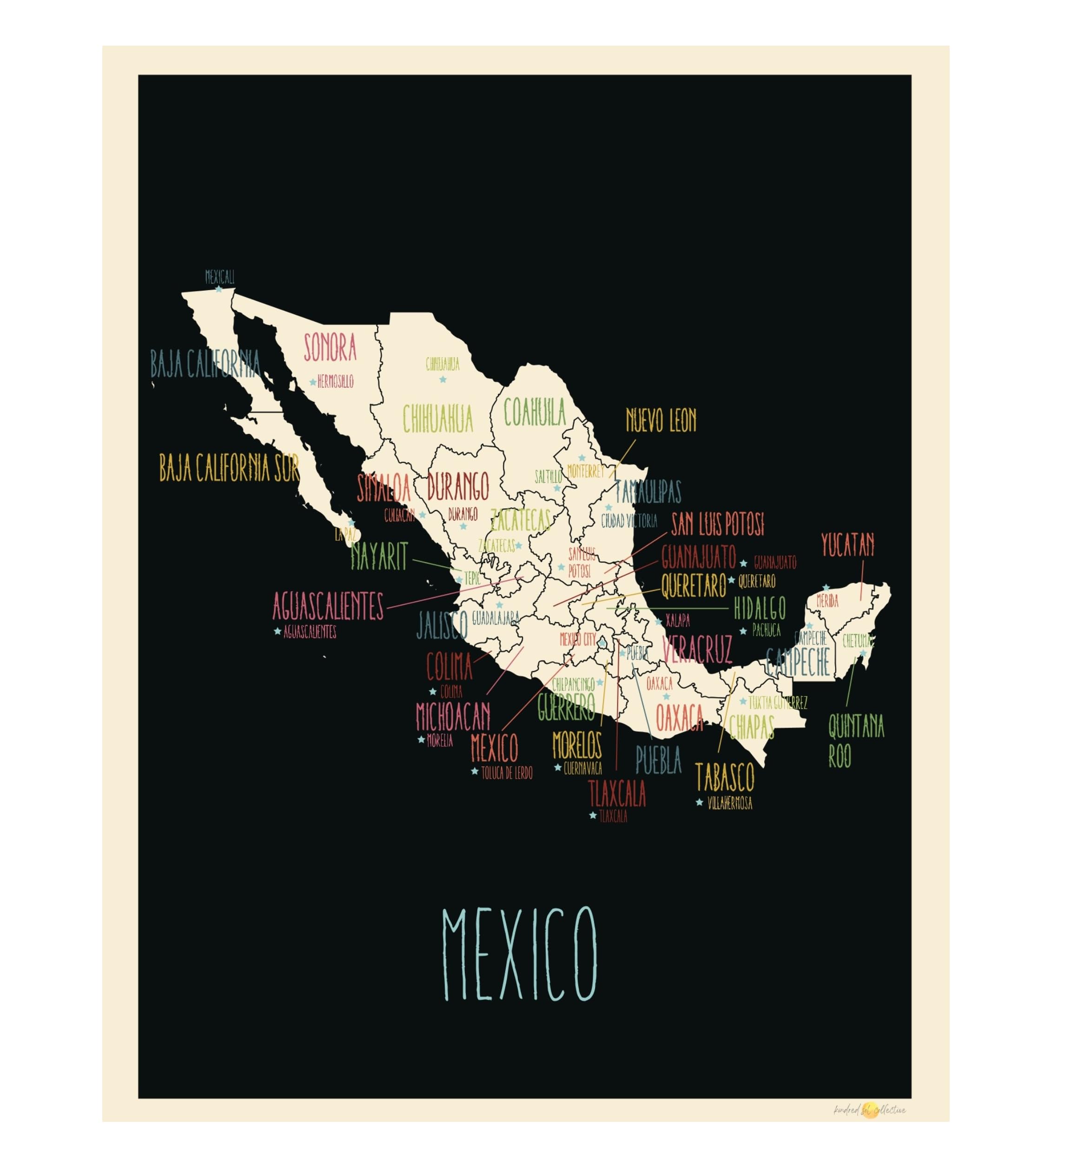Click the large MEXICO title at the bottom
click(x=519, y=954)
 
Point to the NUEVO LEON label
click(x=661, y=420)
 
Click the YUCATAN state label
click(x=848, y=545)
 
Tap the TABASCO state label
click(x=725, y=777)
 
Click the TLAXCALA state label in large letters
click(x=617, y=793)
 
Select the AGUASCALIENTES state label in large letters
click(x=328, y=607)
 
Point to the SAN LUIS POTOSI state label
click(x=717, y=524)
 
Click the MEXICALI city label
click(x=220, y=278)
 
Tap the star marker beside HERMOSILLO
click(x=313, y=382)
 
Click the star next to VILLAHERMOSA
click(x=699, y=803)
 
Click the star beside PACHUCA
click(x=743, y=631)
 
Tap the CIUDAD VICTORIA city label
click(x=629, y=521)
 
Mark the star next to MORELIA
click(x=421, y=740)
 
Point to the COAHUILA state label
click(x=534, y=412)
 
